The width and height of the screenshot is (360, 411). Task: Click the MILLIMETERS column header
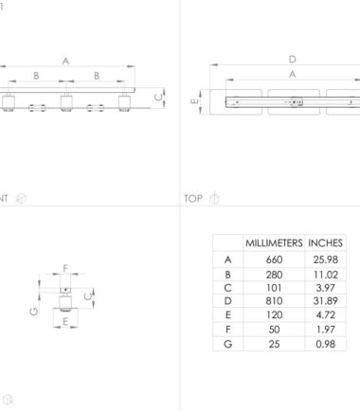[x=274, y=243]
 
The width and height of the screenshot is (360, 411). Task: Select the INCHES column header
[x=325, y=243]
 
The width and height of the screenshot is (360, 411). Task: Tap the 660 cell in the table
[x=274, y=259]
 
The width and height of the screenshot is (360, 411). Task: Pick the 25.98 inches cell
[x=326, y=259]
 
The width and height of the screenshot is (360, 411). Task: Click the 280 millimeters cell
[x=274, y=275]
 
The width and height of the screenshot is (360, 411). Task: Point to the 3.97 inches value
[x=326, y=288]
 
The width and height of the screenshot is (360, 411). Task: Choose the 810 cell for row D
[x=274, y=301]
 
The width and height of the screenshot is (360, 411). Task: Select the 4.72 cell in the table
[x=326, y=314]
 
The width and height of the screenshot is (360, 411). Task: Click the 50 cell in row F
[x=274, y=330]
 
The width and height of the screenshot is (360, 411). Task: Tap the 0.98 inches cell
[x=326, y=344]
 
